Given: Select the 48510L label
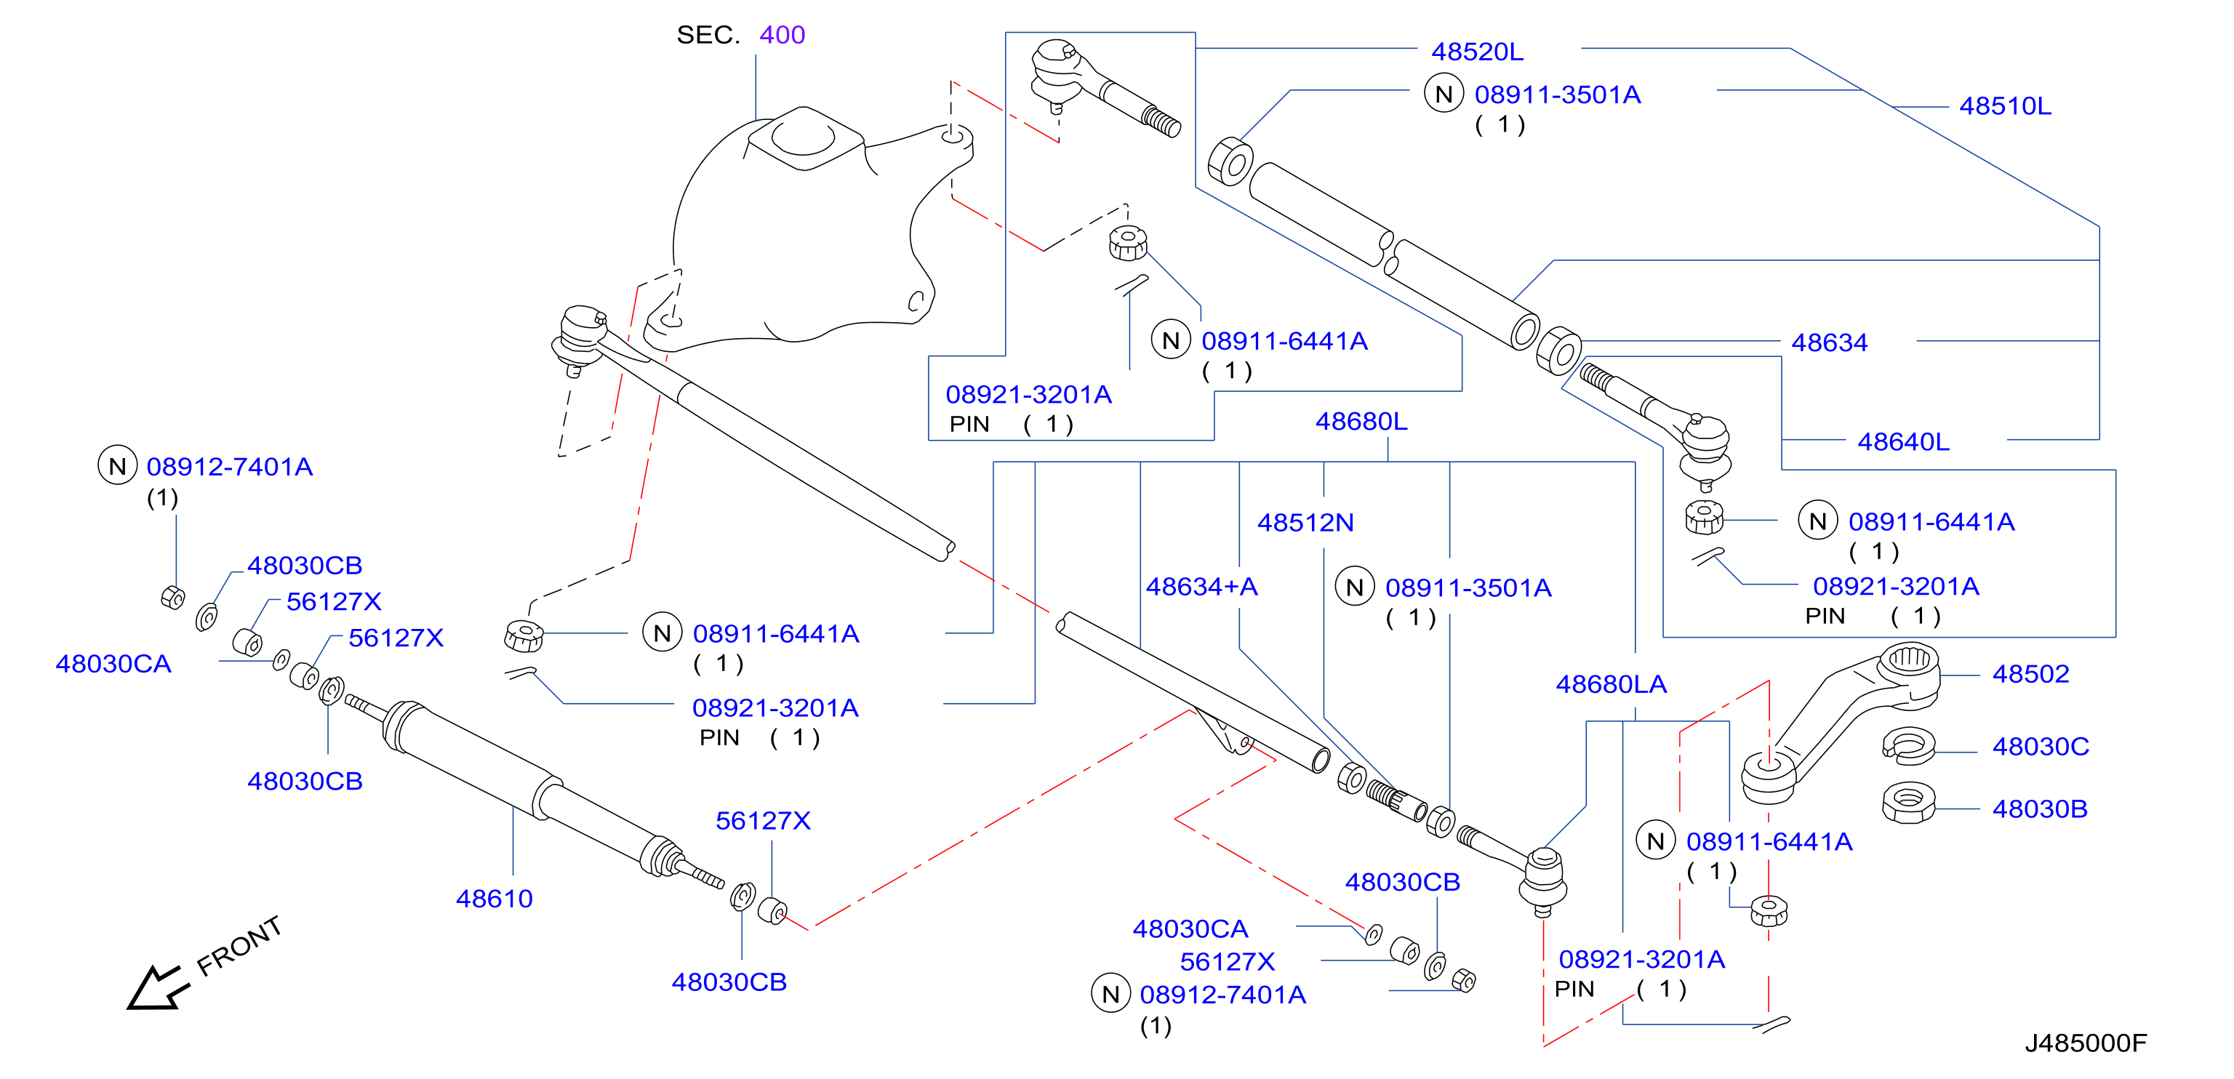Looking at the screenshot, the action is [2005, 106].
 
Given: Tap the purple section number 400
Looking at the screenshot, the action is [782, 35].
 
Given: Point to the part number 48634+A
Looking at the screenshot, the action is [1202, 587].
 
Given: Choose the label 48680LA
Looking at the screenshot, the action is [1612, 684].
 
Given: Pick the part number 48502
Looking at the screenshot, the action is [2030, 674].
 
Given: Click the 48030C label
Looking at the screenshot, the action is [2041, 747].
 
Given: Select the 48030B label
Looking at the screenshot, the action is [2040, 809].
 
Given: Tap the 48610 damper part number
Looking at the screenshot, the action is [495, 899].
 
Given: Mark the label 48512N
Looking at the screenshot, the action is [1305, 523].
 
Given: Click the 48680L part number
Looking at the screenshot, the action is [1361, 422].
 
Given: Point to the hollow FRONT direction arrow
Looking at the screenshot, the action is [157, 989].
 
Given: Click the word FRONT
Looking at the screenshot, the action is [239, 945].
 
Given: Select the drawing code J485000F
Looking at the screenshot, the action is [2086, 1043].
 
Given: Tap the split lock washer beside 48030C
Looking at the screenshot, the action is [1909, 746].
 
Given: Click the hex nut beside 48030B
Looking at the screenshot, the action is [1909, 803].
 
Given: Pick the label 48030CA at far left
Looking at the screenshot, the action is [113, 665].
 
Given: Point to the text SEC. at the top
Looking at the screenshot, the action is [708, 35].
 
